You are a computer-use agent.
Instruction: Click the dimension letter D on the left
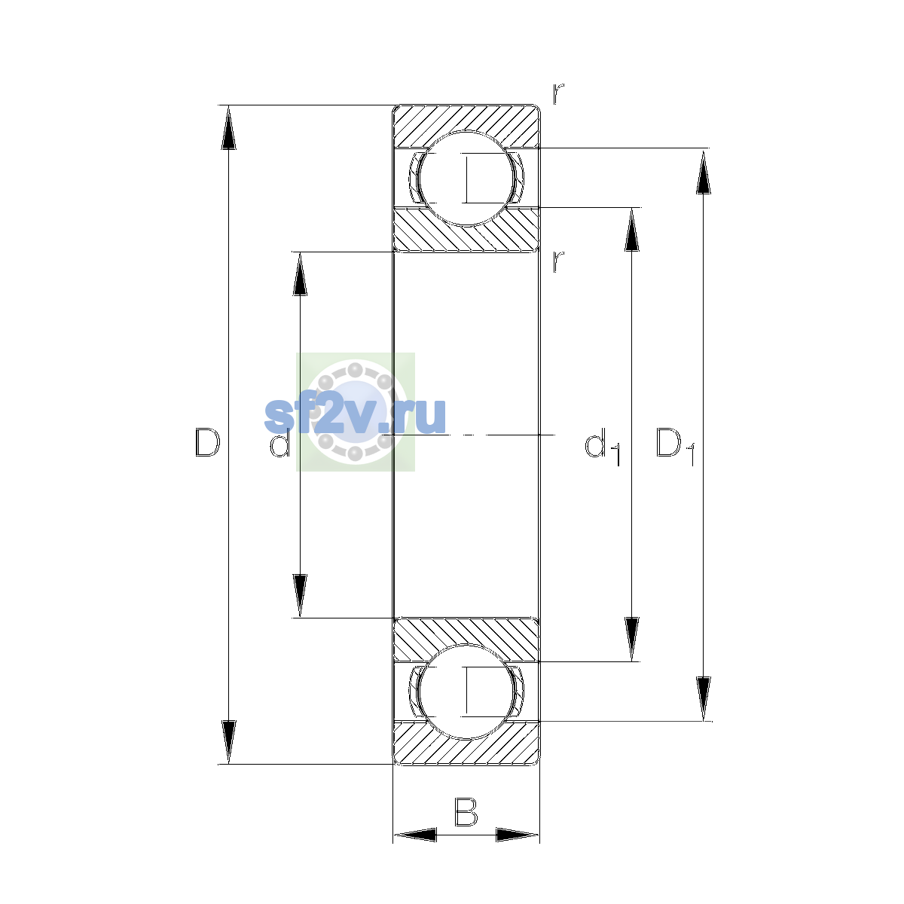tap(207, 442)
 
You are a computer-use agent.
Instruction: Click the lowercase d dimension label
tap(279, 443)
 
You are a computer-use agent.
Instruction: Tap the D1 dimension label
tap(675, 446)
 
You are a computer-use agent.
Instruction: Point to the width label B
tap(466, 811)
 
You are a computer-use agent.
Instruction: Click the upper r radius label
tap(558, 93)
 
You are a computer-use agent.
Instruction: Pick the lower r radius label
tap(558, 261)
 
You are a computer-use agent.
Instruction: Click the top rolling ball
tap(466, 179)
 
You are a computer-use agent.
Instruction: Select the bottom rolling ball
tap(466, 692)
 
